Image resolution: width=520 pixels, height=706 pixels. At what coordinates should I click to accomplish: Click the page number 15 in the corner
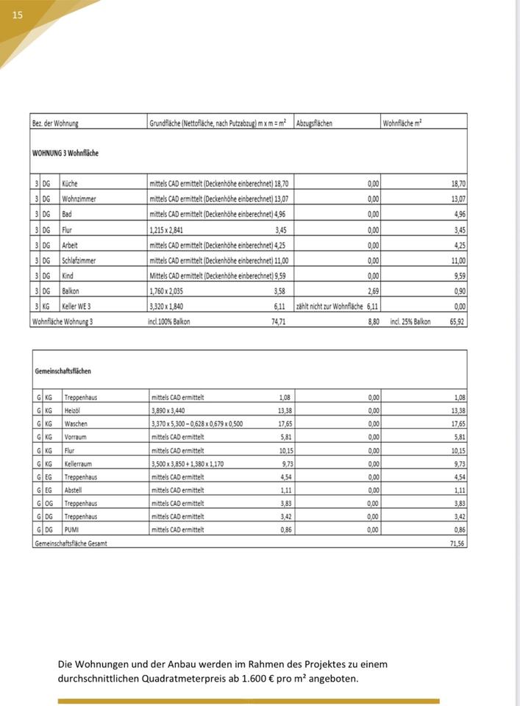(x=18, y=15)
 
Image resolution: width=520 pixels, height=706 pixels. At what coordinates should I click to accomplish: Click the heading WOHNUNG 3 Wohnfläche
(x=65, y=153)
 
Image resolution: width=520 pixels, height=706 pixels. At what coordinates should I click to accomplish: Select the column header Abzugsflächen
(x=314, y=123)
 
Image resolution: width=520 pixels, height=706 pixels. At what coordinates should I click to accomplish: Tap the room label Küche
(x=71, y=183)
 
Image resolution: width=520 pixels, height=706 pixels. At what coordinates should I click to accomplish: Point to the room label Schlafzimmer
(x=79, y=260)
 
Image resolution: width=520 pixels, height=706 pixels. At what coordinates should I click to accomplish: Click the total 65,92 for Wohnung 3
(x=457, y=321)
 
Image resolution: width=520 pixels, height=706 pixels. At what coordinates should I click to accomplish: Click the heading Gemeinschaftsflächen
(x=63, y=372)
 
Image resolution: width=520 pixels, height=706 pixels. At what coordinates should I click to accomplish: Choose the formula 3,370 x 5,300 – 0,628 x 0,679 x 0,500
(x=196, y=424)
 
